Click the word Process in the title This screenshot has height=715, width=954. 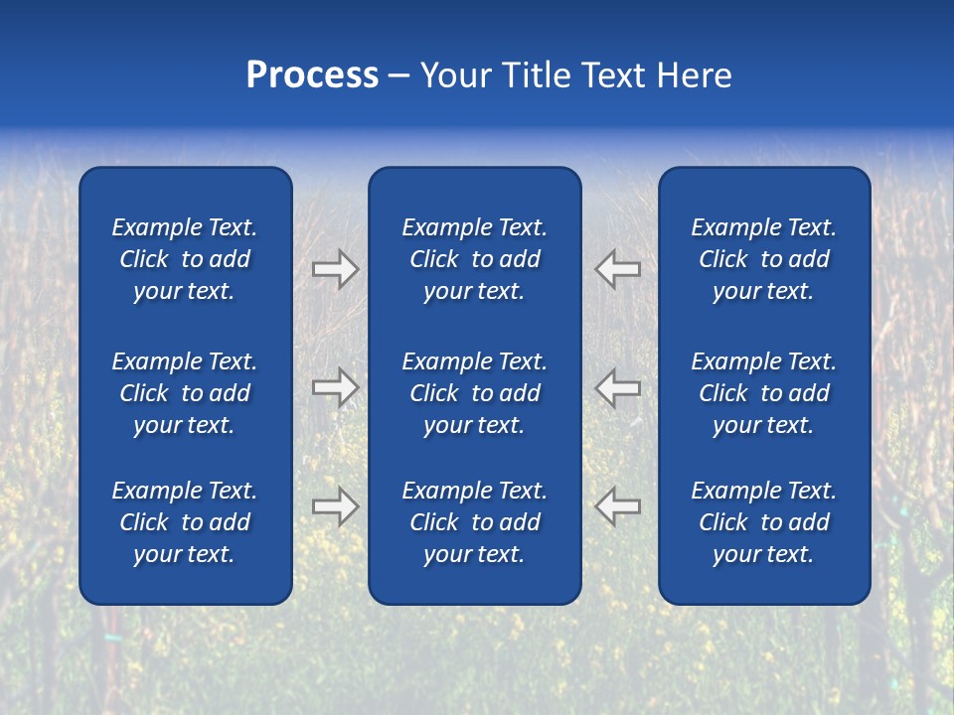312,75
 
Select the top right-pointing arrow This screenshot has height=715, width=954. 335,269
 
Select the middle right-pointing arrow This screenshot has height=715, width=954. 335,387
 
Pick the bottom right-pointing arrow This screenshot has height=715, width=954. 335,506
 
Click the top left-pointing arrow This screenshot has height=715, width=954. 618,269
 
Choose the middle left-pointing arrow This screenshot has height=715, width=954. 618,387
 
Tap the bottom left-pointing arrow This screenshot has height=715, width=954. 618,506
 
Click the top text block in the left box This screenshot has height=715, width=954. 185,259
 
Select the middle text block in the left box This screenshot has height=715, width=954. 185,393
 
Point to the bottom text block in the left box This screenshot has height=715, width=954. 185,522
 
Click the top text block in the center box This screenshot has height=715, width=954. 474,259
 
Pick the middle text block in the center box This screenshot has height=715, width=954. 474,393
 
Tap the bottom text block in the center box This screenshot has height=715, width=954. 474,522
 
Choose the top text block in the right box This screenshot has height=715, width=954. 763,259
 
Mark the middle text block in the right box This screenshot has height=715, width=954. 763,393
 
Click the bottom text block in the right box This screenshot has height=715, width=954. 763,522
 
